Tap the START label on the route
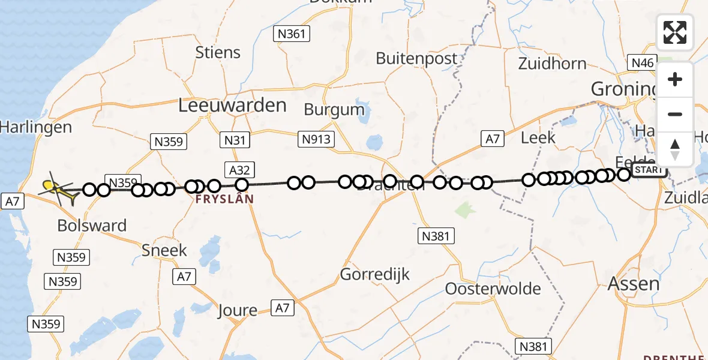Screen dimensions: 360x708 (649, 170)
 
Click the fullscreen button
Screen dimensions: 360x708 (675, 32)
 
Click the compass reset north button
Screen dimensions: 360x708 (675, 149)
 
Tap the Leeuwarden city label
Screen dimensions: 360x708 (232, 106)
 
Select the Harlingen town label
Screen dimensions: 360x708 (36, 127)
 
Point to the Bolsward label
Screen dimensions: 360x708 (92, 226)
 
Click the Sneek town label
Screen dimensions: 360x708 (164, 250)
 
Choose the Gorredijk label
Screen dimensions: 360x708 (375, 275)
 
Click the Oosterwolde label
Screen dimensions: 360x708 (493, 289)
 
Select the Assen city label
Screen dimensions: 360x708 (634, 284)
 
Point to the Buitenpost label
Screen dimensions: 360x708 (416, 59)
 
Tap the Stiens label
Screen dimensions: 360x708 (218, 52)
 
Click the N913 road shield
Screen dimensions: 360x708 (316, 140)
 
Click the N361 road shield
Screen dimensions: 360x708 (292, 34)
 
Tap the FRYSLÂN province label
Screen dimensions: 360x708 (225, 199)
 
